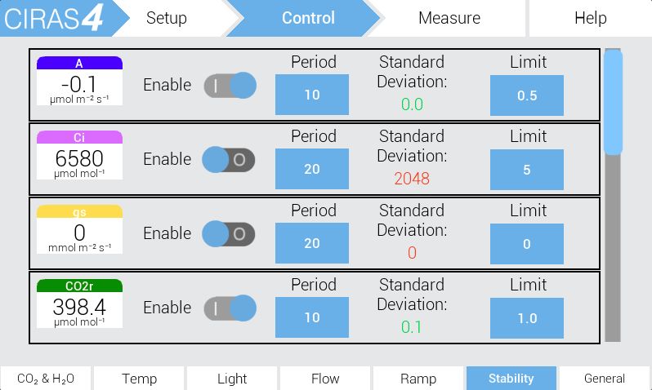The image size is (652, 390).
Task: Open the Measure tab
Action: click(449, 18)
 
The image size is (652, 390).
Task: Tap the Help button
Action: click(591, 18)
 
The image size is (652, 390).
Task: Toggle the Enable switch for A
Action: click(230, 86)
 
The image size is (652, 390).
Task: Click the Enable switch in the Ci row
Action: click(229, 159)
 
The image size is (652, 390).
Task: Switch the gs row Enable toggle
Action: click(229, 234)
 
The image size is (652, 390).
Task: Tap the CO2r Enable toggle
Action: click(230, 308)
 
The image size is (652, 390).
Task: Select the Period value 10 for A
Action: click(312, 95)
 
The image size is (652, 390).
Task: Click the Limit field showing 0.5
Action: click(527, 95)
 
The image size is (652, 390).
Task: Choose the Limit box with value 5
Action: click(527, 170)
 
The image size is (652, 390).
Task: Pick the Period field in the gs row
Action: click(312, 243)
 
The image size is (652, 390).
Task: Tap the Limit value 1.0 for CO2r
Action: click(527, 318)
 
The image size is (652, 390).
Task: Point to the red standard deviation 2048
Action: click(412, 179)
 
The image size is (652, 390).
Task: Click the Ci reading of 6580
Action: click(79, 158)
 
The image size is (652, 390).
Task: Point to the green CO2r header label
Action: click(79, 286)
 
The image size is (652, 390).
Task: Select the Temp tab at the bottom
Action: click(139, 379)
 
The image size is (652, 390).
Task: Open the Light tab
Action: click(232, 379)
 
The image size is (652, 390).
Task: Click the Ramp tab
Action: click(418, 379)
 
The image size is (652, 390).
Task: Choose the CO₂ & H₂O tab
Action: click(46, 379)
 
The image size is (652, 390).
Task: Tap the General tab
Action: click(604, 379)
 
